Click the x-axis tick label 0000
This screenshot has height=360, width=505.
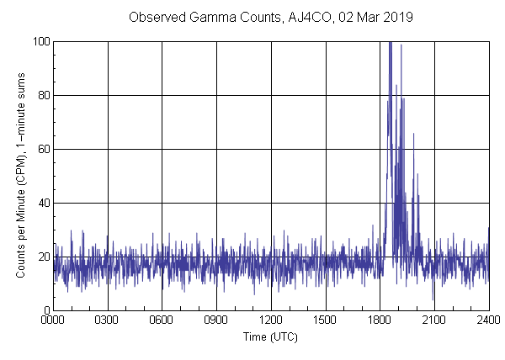pyautogui.click(x=53, y=320)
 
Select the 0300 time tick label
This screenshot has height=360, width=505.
pyautogui.click(x=108, y=320)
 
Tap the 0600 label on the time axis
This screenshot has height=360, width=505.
pyautogui.click(x=162, y=320)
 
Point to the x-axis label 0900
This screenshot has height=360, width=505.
pyautogui.click(x=216, y=320)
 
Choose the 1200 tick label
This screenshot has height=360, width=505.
pyautogui.click(x=271, y=320)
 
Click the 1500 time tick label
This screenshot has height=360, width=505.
pyautogui.click(x=325, y=320)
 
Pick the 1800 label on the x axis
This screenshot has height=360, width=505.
pyautogui.click(x=380, y=320)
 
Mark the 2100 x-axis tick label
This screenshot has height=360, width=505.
pyautogui.click(x=434, y=320)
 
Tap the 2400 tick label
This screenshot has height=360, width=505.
pyautogui.click(x=487, y=320)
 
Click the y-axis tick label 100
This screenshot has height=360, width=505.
pyautogui.click(x=40, y=41)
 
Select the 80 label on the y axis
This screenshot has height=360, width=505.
pyautogui.click(x=43, y=95)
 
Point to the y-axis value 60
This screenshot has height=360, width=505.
pyautogui.click(x=43, y=149)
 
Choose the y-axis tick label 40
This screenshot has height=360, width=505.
pyautogui.click(x=43, y=203)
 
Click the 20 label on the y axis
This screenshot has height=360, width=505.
pyautogui.click(x=43, y=257)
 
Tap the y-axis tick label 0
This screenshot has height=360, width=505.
pyautogui.click(x=45, y=310)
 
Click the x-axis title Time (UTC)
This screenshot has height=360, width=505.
pyautogui.click(x=270, y=336)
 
